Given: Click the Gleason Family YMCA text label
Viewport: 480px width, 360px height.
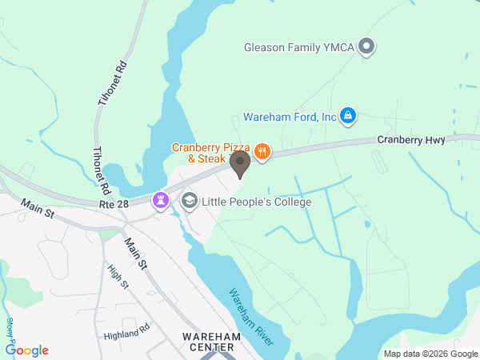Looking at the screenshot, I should (299, 47).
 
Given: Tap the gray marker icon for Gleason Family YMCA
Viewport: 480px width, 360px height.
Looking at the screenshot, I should (367, 47).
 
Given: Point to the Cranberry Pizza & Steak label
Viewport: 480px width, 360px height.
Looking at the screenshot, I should (211, 153).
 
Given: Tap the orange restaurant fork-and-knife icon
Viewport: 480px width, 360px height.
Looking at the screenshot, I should (262, 150).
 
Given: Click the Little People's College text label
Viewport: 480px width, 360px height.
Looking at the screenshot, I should (257, 202).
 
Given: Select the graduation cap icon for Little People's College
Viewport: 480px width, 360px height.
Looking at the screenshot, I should (189, 200).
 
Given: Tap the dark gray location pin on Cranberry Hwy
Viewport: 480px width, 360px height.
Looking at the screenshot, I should (240, 164).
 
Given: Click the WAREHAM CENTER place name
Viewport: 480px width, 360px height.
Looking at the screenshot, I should (207, 342).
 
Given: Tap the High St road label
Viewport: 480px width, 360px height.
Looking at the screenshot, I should (119, 277).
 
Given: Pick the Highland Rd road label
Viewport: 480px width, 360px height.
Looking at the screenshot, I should (126, 330).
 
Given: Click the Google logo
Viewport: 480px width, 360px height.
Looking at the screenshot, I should (27, 350).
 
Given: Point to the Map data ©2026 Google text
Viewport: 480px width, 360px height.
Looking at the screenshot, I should (430, 354).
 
